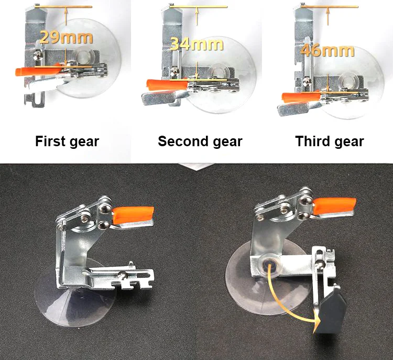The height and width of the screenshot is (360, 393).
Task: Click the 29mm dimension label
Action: click(66, 37)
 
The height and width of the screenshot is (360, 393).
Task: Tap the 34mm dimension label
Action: click(196, 43)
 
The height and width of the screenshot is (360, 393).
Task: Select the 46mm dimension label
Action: click(327, 50)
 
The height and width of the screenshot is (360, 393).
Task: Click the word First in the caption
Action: click(50, 141)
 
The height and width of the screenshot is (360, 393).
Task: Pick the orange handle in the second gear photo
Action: click(167, 84)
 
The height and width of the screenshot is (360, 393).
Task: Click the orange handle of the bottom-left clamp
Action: click(133, 215)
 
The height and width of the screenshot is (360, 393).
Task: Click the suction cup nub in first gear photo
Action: click(84, 54)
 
